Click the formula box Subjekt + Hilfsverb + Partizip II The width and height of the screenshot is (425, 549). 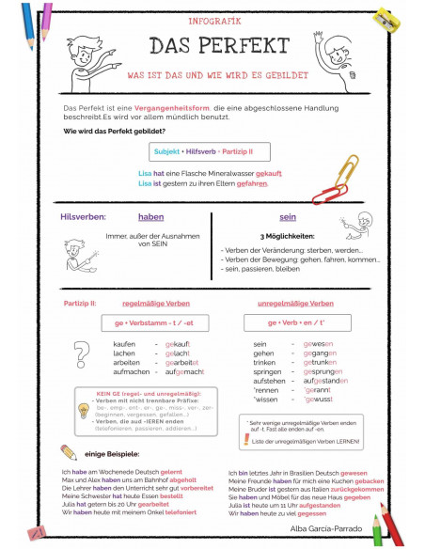tap(202, 151)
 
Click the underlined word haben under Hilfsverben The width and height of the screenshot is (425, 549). tap(150, 217)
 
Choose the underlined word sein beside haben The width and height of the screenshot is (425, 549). tap(288, 217)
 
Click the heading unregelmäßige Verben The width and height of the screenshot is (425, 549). tap(294, 304)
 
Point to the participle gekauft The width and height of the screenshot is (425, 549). tap(178, 344)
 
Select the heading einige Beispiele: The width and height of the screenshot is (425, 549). tap(111, 453)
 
